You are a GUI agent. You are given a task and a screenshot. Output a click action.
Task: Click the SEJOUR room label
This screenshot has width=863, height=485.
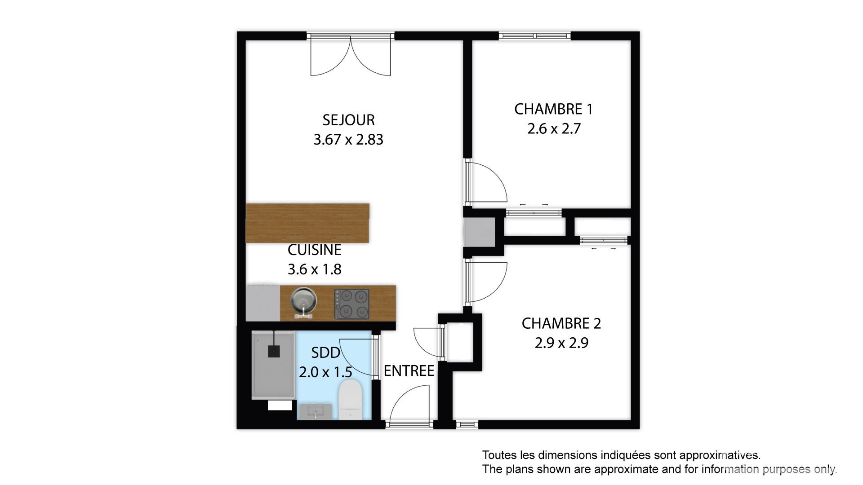tap(348, 120)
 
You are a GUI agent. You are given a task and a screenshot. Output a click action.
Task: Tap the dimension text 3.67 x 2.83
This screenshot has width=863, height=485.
tap(348, 140)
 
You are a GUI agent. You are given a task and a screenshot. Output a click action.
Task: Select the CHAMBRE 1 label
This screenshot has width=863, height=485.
tap(554, 109)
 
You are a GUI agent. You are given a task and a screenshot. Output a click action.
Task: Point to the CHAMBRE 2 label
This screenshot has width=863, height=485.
tap(561, 323)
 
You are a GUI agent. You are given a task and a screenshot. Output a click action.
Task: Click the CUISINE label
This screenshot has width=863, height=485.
tap(315, 250)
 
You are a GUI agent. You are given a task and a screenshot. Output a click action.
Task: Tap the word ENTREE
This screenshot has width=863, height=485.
tap(409, 371)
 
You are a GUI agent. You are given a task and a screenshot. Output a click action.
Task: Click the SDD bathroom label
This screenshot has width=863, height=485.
tap(326, 353)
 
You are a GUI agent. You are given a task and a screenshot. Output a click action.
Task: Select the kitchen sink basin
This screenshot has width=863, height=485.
tap(304, 300)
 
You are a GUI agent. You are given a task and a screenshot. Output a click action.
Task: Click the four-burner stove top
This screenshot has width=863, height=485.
tap(351, 304)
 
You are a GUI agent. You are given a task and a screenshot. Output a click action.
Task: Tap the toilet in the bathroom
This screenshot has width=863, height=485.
tap(350, 399)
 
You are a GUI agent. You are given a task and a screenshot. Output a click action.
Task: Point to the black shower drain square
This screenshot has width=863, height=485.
tap(274, 351)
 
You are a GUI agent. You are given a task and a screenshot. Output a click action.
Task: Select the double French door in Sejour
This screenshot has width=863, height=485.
tap(351, 56)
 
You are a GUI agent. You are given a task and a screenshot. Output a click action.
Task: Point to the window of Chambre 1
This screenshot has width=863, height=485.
tap(534, 36)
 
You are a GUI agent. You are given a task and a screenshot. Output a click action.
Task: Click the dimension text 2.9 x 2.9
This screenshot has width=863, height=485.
tap(561, 343)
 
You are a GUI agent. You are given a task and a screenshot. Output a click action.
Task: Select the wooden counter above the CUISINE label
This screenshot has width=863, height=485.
tap(308, 223)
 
